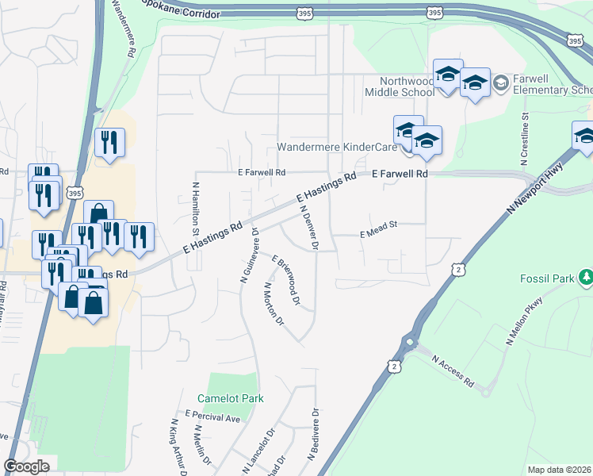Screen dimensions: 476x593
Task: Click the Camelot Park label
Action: (x=230, y=398)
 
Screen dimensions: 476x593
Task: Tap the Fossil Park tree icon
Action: (x=586, y=277)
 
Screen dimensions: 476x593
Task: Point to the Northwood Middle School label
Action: (x=399, y=86)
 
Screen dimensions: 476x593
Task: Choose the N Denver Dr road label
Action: (x=308, y=228)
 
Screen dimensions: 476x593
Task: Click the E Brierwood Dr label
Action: (x=286, y=280)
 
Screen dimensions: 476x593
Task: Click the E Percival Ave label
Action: (x=212, y=416)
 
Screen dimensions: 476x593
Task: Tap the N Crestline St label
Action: (x=525, y=139)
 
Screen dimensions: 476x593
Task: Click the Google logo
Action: (x=26, y=466)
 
